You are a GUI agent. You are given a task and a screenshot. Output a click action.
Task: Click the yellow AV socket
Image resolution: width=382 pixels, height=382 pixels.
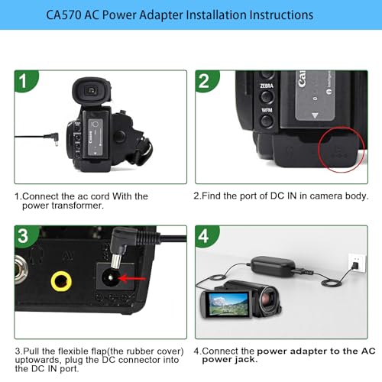pyautogui.click(x=61, y=282)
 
